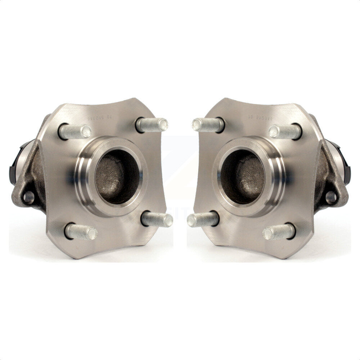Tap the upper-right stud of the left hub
(152, 125)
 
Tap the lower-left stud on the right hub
(203, 219)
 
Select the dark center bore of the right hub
(243, 176)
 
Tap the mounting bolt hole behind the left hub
(28, 197)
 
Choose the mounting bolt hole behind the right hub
(331, 197)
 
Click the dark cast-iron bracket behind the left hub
(34, 176)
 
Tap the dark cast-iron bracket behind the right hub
(326, 176)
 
